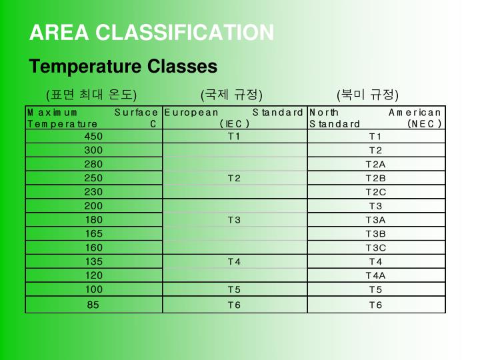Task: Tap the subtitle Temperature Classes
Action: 123,67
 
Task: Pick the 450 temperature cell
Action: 93,136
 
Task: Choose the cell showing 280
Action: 93,164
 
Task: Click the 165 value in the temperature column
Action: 93,233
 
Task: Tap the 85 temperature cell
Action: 93,305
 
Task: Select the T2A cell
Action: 376,164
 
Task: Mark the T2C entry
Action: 376,192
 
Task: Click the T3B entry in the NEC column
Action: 376,233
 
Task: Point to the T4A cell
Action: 376,275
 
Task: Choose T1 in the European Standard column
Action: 234,136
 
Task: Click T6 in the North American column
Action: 376,305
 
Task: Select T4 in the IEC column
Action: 234,261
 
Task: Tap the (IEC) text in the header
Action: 234,123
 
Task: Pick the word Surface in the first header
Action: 136,113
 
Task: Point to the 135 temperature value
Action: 93,261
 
